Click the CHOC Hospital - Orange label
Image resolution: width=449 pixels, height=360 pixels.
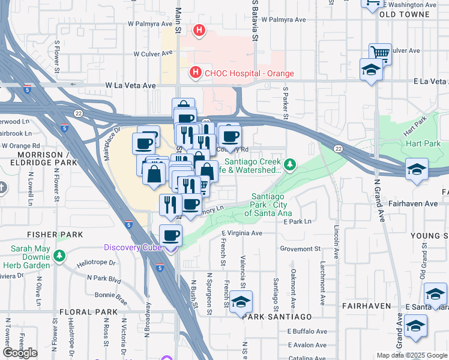pos(249,73)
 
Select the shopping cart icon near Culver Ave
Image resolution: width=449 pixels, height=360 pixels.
pos(379,53)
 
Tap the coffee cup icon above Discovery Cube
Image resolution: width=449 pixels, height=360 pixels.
pos(171,235)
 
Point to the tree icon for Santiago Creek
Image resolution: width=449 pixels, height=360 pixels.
pos(290,164)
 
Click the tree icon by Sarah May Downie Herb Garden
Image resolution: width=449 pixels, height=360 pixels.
pos(59,256)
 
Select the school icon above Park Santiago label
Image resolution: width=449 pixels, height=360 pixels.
pos(241,301)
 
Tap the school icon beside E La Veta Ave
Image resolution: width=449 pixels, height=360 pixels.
pos(371,70)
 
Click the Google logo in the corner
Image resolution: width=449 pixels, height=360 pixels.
pos(20,353)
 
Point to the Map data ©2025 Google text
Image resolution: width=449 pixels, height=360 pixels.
pos(411,355)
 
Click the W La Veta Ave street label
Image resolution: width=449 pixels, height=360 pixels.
pos(131,86)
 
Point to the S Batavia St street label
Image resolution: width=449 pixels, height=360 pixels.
pos(255,21)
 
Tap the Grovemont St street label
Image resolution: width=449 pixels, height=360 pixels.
pos(303,248)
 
